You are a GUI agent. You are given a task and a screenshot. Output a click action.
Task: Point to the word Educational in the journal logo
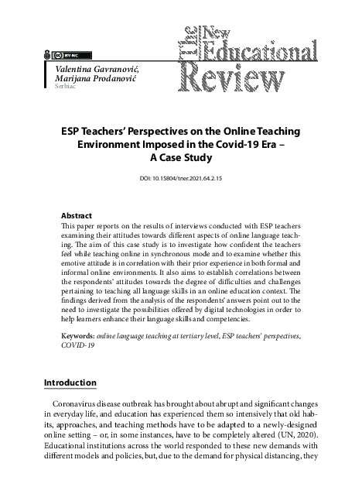point(270,50)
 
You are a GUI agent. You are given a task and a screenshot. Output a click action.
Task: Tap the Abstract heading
point(77,214)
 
